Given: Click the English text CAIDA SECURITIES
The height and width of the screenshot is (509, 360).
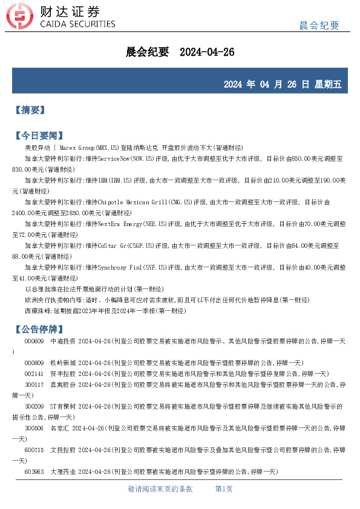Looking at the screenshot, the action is (x=76, y=24).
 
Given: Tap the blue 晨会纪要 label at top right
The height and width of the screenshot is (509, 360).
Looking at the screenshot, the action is (x=319, y=25).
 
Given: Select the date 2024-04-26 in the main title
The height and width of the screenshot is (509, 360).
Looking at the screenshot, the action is (x=208, y=53).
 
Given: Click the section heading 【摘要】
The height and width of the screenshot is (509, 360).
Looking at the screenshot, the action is (x=30, y=110).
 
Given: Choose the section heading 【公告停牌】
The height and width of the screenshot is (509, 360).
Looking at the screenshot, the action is (x=38, y=329).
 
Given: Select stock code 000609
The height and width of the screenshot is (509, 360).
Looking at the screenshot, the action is (x=34, y=342).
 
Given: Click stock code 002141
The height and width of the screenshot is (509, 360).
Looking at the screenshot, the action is (x=34, y=374).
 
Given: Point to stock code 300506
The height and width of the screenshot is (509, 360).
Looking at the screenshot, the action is (x=34, y=428).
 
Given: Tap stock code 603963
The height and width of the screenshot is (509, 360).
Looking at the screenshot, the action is (x=34, y=472).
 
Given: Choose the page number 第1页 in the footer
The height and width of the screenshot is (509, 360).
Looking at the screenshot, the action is (x=224, y=489).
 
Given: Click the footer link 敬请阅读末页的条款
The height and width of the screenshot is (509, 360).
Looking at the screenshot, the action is (x=160, y=489).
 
